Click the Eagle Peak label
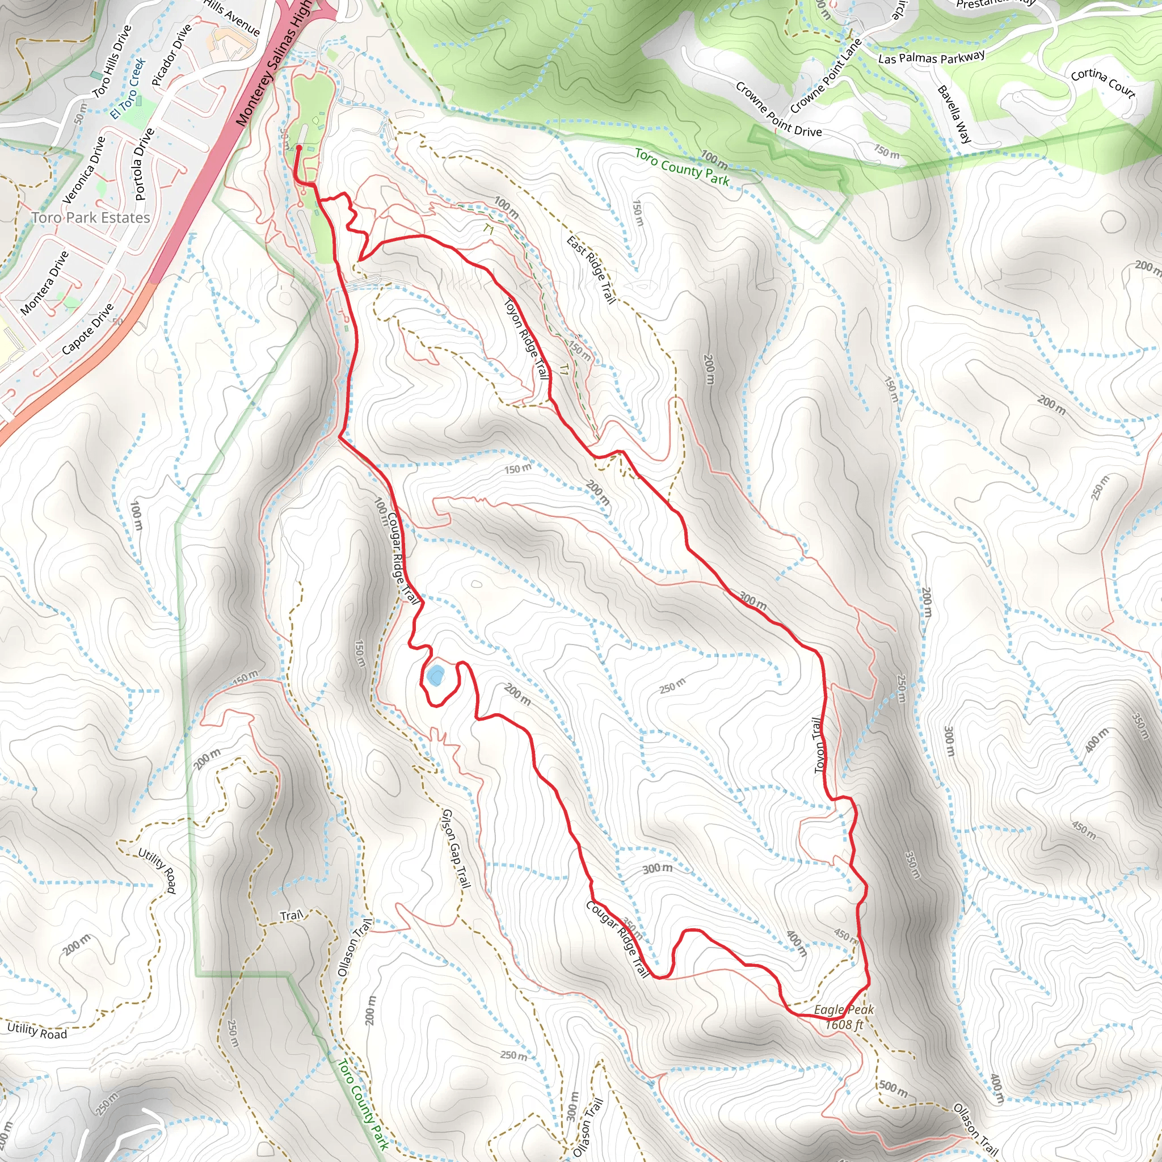(843, 1010)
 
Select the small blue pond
(435, 676)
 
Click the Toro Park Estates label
(91, 218)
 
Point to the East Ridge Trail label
(591, 270)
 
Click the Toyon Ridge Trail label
(527, 338)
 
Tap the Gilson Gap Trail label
(457, 849)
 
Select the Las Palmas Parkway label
(932, 58)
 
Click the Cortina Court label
(1103, 83)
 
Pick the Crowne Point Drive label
(778, 110)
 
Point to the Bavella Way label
(954, 114)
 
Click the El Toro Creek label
(128, 89)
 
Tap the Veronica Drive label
(85, 170)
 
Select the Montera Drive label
(45, 283)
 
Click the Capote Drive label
(88, 329)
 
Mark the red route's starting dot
(299, 147)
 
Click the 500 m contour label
(894, 1087)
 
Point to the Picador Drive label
(171, 54)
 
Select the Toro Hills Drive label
(112, 61)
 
